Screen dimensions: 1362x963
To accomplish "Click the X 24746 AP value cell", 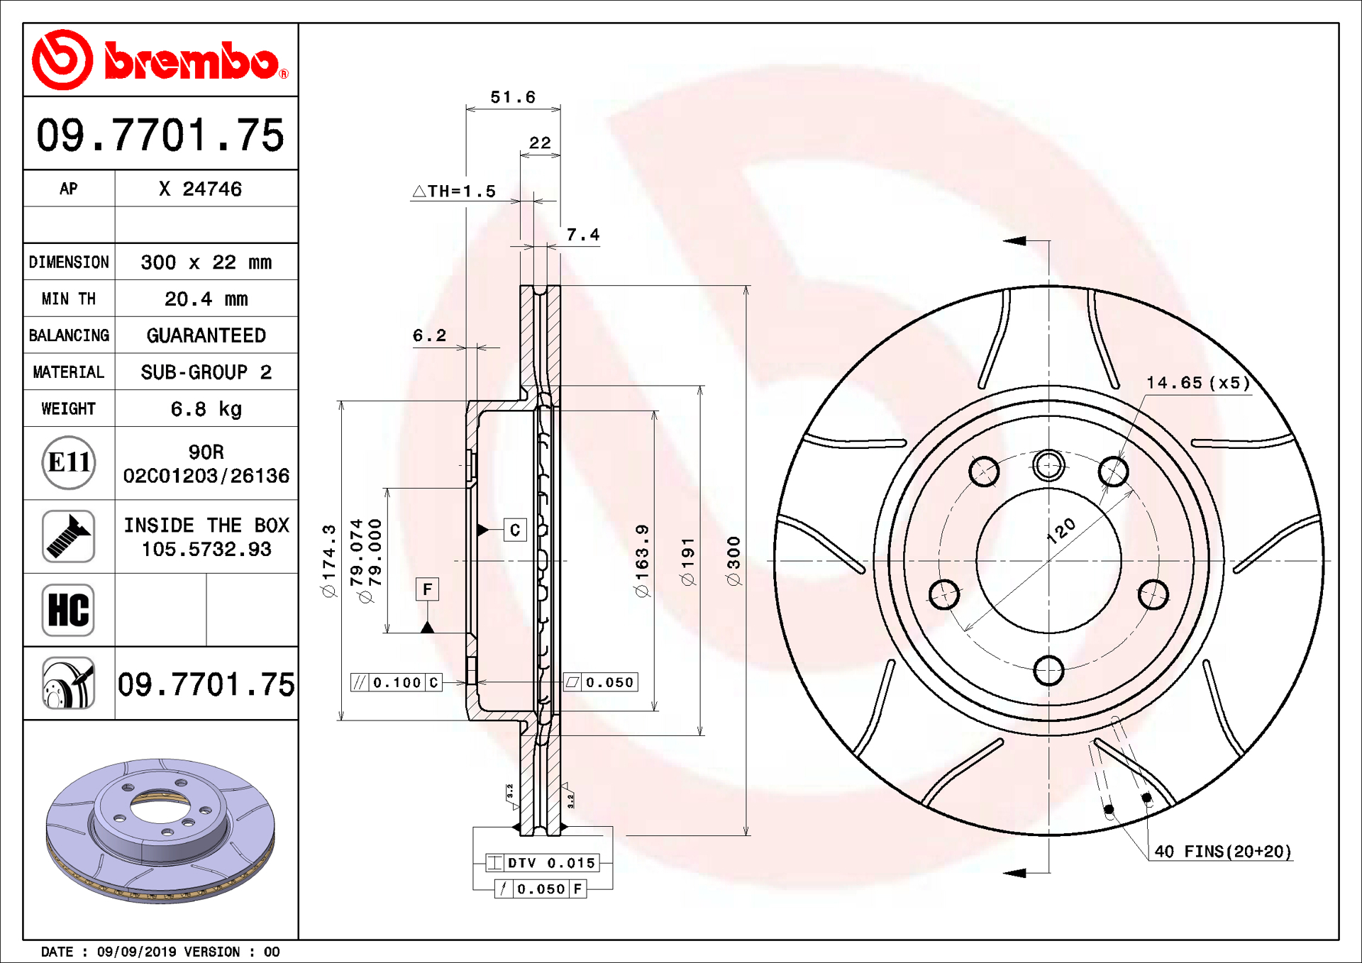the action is (200, 189).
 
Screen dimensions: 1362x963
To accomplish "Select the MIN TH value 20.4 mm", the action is (206, 299).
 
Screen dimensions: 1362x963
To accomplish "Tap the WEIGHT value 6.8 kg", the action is (206, 408).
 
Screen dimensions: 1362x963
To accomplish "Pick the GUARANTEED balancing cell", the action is (206, 335).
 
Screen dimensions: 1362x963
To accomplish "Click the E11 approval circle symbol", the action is (68, 462).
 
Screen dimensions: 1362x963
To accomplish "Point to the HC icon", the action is (68, 610).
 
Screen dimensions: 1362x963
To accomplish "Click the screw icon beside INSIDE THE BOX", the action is (68, 536).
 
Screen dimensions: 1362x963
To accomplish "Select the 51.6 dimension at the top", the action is (513, 97).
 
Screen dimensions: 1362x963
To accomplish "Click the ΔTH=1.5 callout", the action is (454, 191).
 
